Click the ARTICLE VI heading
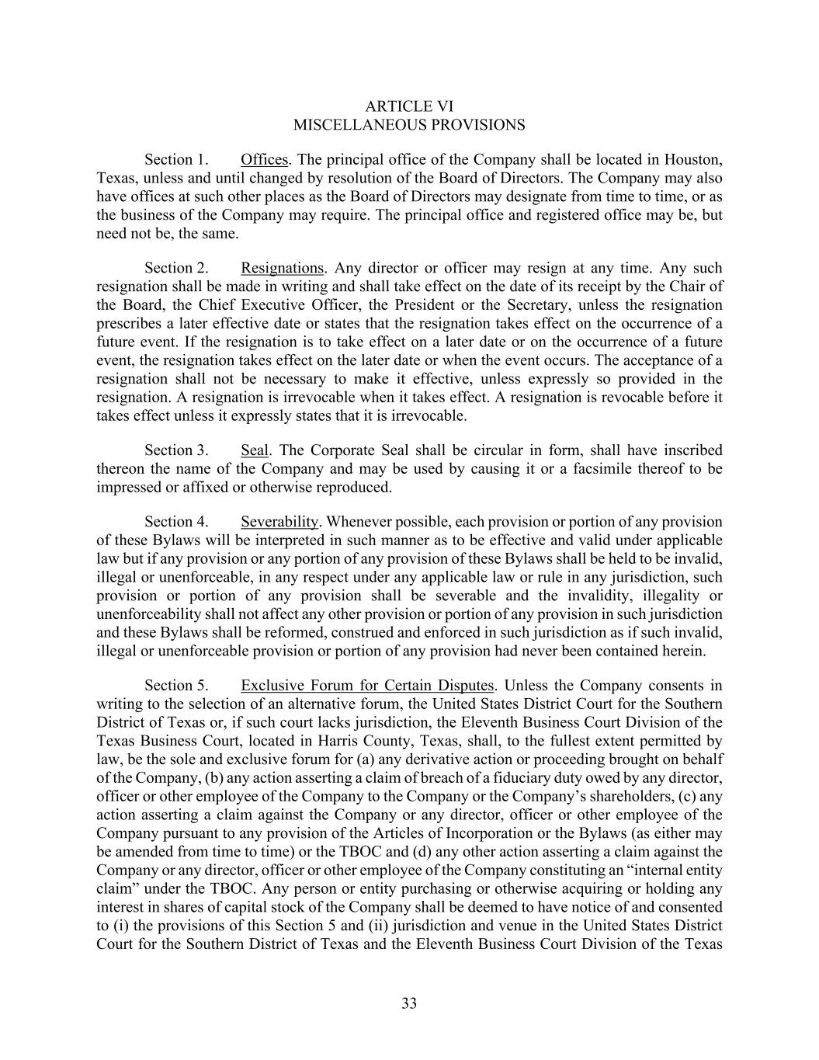point(409,106)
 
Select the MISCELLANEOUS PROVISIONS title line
point(409,125)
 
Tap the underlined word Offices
point(264,160)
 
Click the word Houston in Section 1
point(695,160)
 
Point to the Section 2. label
point(176,269)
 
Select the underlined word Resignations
point(282,269)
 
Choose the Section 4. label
point(176,522)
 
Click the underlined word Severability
point(279,522)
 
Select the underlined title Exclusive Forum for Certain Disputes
point(367,686)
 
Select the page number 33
point(409,1004)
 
